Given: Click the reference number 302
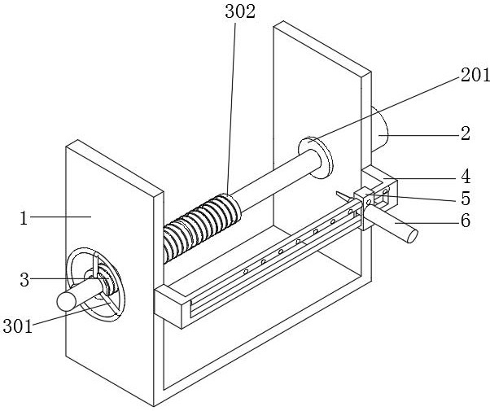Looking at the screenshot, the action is [x=240, y=12].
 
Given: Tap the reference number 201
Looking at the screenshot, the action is [x=475, y=75].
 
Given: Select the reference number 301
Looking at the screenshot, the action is [x=18, y=326].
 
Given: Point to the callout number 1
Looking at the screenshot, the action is [x=24, y=218].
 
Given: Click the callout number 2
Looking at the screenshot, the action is [x=466, y=133].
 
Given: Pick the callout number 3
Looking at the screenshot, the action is [x=24, y=280].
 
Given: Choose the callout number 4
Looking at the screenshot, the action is [x=466, y=177].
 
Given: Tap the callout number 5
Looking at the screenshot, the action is [x=466, y=199].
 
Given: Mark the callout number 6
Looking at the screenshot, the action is [x=466, y=221].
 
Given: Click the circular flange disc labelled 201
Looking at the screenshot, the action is [x=316, y=158].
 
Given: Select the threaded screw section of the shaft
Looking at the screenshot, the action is [x=202, y=228].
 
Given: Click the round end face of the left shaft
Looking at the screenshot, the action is [x=66, y=301].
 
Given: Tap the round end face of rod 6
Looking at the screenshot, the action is [x=413, y=236].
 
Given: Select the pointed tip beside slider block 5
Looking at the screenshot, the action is [x=337, y=193].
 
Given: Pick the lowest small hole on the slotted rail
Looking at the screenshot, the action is [x=246, y=272].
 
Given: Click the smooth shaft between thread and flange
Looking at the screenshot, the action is [x=275, y=180].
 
